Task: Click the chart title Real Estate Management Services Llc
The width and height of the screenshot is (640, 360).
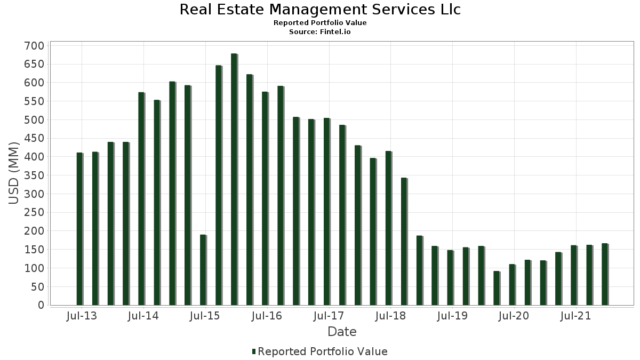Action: pyautogui.click(x=320, y=10)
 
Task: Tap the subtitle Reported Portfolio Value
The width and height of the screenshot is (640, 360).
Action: pyautogui.click(x=320, y=23)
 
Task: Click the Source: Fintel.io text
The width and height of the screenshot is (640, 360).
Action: pyautogui.click(x=320, y=32)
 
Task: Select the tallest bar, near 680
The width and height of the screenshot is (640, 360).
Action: pyautogui.click(x=234, y=179)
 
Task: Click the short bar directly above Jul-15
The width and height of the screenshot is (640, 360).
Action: pyautogui.click(x=203, y=270)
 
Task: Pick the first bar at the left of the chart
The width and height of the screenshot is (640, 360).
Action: pyautogui.click(x=79, y=229)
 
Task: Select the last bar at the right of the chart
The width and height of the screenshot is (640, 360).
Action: pyautogui.click(x=604, y=274)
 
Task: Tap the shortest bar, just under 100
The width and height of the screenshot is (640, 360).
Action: pyautogui.click(x=497, y=288)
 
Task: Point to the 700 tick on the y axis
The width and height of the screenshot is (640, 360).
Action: pyautogui.click(x=34, y=46)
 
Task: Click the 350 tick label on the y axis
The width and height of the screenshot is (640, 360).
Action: pyautogui.click(x=34, y=175)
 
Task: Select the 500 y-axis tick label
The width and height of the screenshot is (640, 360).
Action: pyautogui.click(x=34, y=120)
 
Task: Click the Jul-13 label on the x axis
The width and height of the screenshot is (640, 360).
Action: pyautogui.click(x=82, y=316)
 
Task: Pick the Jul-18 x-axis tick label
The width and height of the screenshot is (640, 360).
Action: pyautogui.click(x=390, y=316)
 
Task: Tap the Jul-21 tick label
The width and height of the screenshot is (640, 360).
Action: pyautogui.click(x=576, y=316)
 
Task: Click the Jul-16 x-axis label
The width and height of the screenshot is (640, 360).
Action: pyautogui.click(x=267, y=316)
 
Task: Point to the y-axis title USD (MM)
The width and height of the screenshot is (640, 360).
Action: pyautogui.click(x=14, y=173)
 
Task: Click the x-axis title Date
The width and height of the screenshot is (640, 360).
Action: pyautogui.click(x=342, y=332)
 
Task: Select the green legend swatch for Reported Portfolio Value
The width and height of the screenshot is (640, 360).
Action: pyautogui.click(x=254, y=351)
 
